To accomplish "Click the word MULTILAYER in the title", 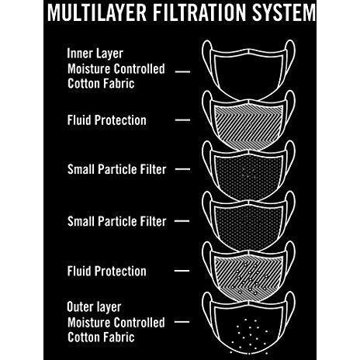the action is [97, 12].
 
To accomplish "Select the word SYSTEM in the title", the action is [284, 12].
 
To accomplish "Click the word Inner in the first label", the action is [78, 54].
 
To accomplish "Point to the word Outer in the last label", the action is [80, 307].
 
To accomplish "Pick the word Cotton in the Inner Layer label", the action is [83, 84].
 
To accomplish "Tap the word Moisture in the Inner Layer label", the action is [89, 69].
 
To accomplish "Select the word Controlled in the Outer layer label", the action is [140, 323].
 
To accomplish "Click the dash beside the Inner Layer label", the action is [182, 71].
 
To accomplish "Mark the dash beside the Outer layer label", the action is [182, 322].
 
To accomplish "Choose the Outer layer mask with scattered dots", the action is [248, 324].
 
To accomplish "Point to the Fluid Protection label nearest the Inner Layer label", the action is [107, 120].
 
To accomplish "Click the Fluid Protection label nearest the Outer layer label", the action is [107, 271].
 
